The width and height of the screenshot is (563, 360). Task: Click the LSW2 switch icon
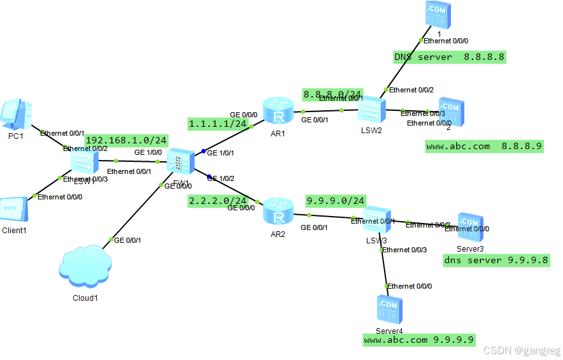pyautogui.click(x=370, y=113)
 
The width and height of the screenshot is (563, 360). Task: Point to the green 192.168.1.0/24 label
pyautogui.click(x=126, y=140)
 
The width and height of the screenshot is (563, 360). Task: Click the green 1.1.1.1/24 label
pyautogui.click(x=218, y=124)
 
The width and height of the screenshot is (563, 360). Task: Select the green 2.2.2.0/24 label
pyautogui.click(x=218, y=201)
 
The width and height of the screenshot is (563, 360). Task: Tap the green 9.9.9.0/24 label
pyautogui.click(x=336, y=201)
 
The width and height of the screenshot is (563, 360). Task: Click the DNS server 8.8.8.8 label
pyautogui.click(x=449, y=57)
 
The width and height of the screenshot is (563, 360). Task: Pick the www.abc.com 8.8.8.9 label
pyautogui.click(x=484, y=147)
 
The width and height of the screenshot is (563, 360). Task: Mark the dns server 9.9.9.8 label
pyautogui.click(x=496, y=260)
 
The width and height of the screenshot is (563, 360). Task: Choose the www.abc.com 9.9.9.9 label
pyautogui.click(x=419, y=340)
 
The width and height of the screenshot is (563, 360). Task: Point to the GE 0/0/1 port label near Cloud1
pyautogui.click(x=127, y=240)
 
